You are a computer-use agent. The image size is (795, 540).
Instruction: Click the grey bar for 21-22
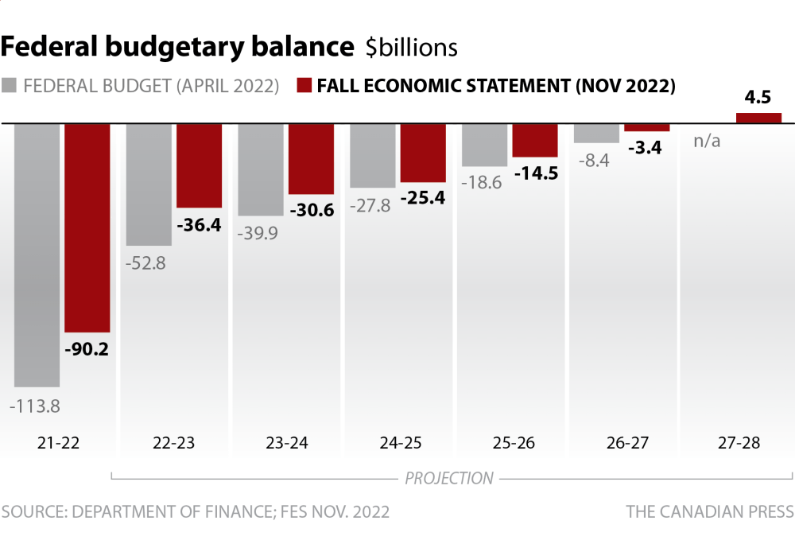(37, 254)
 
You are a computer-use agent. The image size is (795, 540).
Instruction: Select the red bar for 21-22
(87, 227)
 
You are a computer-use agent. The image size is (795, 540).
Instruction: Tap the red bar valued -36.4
(199, 165)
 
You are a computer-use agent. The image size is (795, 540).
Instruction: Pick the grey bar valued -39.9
(261, 169)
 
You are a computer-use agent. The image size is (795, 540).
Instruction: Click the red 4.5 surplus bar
(758, 118)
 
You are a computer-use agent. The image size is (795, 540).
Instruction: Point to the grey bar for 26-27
(596, 133)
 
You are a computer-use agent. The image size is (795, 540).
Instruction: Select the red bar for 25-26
(535, 140)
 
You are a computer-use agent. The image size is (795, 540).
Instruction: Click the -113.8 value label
(35, 406)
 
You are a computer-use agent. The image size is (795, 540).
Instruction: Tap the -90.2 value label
(87, 349)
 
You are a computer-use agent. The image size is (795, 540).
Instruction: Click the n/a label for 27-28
(707, 142)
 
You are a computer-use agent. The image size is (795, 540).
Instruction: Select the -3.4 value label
(647, 147)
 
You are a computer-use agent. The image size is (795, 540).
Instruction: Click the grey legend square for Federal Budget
(10, 86)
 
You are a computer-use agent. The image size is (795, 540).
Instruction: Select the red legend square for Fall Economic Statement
(303, 86)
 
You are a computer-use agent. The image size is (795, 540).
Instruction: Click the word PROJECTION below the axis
(449, 479)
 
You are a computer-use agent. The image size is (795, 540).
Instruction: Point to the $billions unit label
(412, 48)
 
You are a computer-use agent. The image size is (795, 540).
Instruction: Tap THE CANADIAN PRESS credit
(709, 511)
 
